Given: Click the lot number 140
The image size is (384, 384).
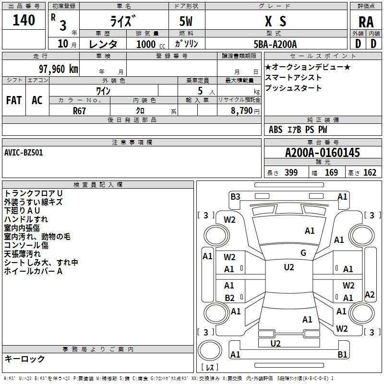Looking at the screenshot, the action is click(x=24, y=20).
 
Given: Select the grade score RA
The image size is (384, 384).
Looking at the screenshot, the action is click(x=366, y=22).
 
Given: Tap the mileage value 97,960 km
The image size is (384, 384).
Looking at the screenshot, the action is click(x=58, y=69).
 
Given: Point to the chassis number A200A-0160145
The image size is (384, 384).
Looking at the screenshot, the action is click(x=323, y=153).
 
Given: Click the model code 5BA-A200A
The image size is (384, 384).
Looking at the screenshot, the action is click(x=275, y=44).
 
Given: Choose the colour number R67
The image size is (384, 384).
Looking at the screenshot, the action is click(x=79, y=111).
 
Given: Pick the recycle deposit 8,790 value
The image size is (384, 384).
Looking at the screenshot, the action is click(x=241, y=111).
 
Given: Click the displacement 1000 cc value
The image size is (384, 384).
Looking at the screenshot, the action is click(x=151, y=44).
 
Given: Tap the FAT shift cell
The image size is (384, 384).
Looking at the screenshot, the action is click(x=14, y=100).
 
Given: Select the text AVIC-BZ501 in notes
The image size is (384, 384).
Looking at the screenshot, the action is click(x=24, y=153).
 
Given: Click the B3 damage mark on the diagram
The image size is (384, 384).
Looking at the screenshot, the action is click(x=235, y=197).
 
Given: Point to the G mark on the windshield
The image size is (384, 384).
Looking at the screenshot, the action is click(x=303, y=252).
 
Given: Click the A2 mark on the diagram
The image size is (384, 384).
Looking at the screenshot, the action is click(x=370, y=294).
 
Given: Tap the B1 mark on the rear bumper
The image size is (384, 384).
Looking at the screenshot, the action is click(x=342, y=354).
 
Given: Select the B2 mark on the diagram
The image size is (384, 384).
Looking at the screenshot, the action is click(x=229, y=298).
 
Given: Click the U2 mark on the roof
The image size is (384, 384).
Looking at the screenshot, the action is click(x=289, y=267).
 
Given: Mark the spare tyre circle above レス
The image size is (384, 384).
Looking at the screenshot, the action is click(x=210, y=350).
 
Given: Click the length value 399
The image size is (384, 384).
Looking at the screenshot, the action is click(x=291, y=172).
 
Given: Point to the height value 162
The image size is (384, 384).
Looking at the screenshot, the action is click(x=370, y=172).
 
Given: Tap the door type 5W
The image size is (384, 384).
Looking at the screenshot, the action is click(x=186, y=21).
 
